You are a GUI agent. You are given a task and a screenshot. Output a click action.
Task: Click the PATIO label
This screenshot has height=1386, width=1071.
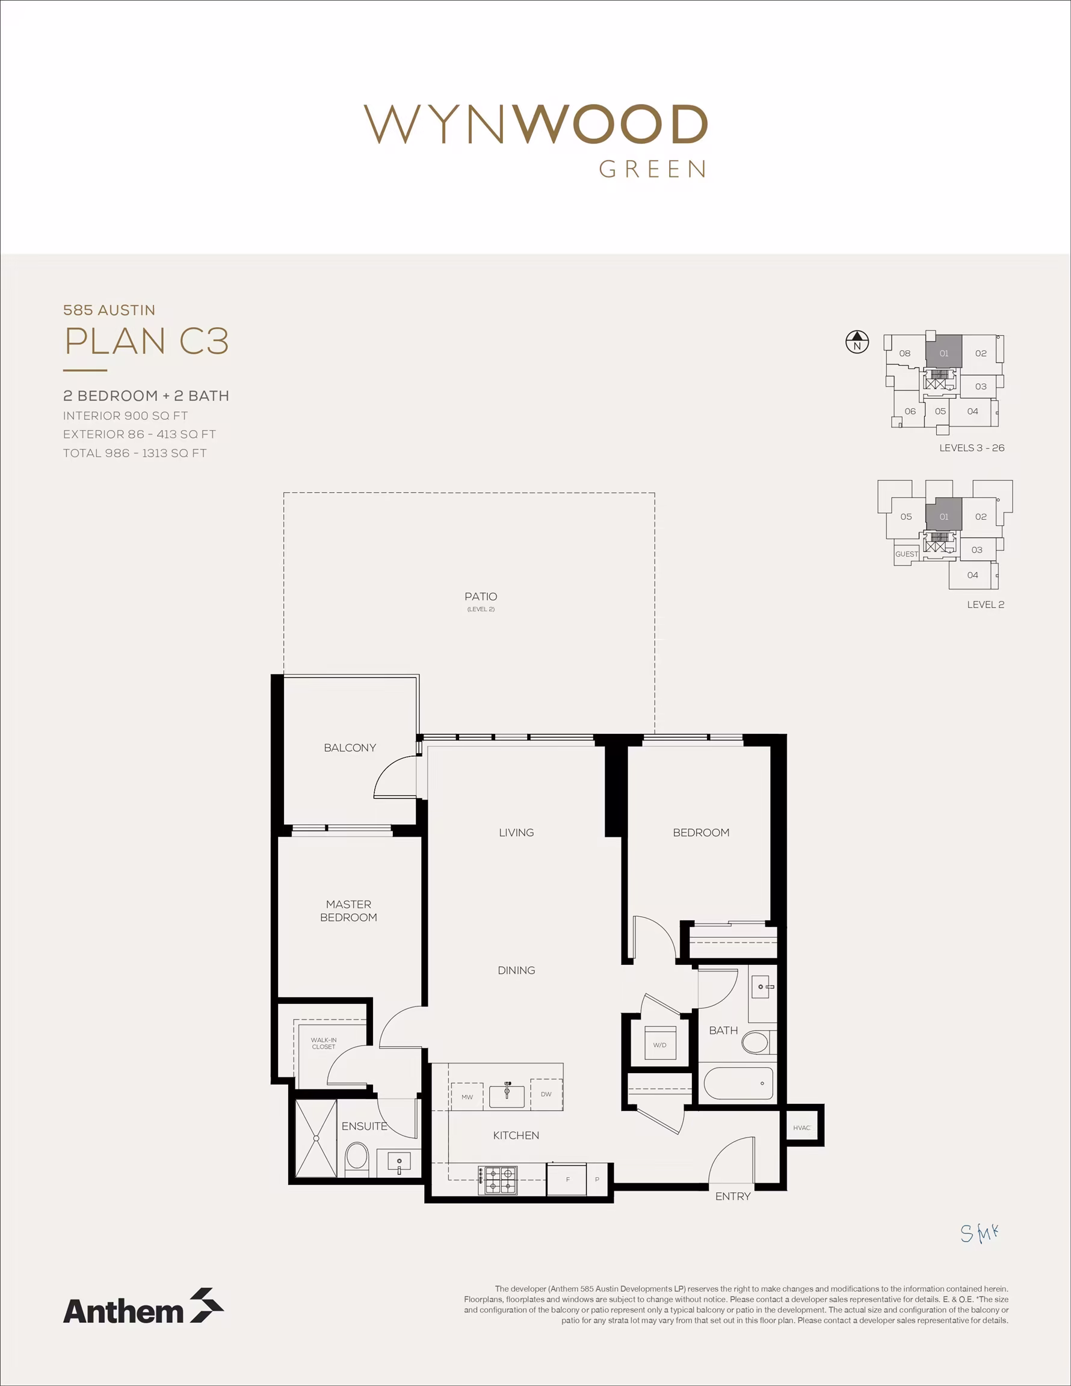pos(481,597)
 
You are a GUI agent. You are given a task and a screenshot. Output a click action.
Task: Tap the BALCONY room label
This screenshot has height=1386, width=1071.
pos(350,748)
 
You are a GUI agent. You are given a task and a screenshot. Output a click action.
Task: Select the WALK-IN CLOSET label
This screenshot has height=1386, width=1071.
pos(324,1043)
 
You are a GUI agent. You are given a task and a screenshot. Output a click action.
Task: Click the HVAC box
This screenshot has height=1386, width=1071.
pos(802,1128)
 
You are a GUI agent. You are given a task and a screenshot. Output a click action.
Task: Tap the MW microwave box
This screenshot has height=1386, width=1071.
pos(468,1097)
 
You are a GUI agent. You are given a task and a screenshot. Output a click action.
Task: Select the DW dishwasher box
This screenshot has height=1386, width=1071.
pos(546,1094)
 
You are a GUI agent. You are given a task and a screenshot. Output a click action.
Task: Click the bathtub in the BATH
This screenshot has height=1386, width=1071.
pos(738,1083)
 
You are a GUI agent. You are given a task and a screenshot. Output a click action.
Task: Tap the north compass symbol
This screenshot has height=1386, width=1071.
pos(857,342)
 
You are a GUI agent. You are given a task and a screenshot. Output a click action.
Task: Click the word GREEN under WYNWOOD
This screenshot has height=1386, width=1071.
pos(653,170)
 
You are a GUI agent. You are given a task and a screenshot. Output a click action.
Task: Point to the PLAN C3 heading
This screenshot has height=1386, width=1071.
pos(147,341)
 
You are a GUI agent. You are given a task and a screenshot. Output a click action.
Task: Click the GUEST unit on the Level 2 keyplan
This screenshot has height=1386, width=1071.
pos(907,554)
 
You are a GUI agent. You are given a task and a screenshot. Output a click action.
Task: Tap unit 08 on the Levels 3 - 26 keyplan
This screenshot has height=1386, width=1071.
pos(905,354)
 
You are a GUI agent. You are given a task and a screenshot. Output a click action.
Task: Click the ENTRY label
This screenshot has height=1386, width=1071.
pos(733,1197)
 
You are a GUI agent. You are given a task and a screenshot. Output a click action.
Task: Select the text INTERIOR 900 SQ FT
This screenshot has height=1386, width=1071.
pos(125,416)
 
